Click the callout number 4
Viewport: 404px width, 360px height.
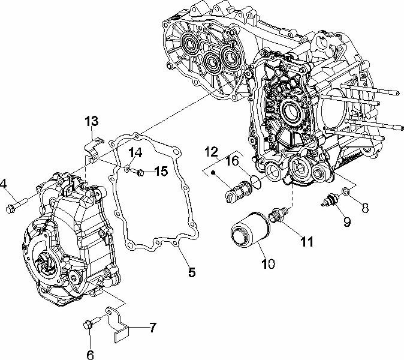coord(4,184)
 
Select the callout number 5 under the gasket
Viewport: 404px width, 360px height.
coord(191,272)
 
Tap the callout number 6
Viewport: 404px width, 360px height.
coord(91,354)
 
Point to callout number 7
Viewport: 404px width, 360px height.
coord(153,328)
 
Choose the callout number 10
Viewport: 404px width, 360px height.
coord(268,263)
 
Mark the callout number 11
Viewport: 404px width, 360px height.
coord(306,242)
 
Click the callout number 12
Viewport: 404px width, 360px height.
coord(211,150)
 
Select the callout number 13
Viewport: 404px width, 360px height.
coord(91,122)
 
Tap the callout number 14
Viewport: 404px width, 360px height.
coord(135,153)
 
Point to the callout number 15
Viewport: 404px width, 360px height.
coord(160,172)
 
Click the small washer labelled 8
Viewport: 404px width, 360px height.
coord(346,193)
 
